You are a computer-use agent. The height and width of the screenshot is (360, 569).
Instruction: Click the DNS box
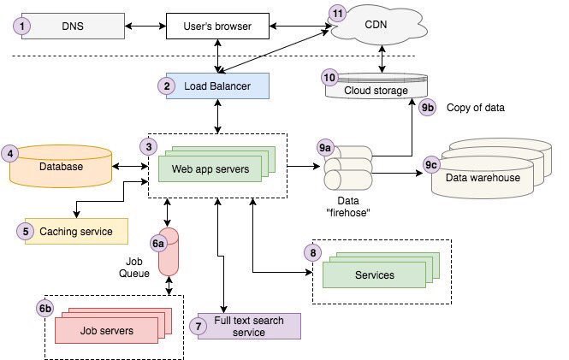73,26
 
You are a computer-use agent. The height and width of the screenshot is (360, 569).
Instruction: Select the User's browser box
217,27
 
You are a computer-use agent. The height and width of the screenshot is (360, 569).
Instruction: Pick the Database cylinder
62,167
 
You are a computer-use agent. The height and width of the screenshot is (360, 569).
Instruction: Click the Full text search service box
249,326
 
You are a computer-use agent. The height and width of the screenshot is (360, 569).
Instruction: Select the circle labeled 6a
159,244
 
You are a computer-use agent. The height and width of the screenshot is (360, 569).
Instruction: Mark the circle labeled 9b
428,108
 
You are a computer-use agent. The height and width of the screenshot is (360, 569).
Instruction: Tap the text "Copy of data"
476,109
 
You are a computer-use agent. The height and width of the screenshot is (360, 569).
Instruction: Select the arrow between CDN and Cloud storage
381,59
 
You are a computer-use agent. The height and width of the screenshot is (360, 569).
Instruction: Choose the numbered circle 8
313,253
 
